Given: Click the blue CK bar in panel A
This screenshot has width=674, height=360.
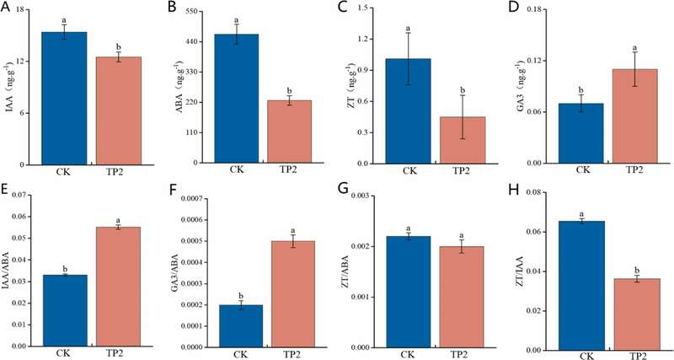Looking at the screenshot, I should click(64, 97).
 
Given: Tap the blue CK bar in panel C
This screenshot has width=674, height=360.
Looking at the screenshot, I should click(410, 110).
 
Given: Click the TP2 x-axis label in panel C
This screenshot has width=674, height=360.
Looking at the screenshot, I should click(463, 171).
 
